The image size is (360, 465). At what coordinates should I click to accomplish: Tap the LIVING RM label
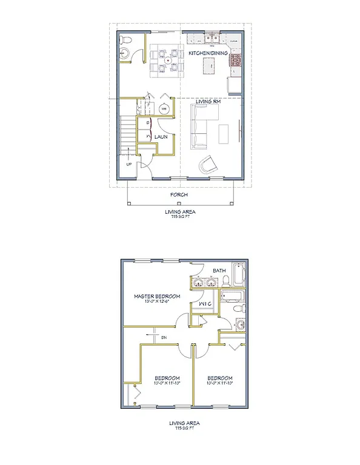point(207,102)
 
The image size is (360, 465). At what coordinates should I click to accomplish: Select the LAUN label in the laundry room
point(161,137)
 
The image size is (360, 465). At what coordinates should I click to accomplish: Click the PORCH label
point(179,195)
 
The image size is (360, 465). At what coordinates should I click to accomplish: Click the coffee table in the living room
point(224,133)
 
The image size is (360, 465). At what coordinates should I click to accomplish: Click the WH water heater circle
point(164,109)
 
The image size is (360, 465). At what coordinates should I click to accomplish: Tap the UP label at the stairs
point(128,164)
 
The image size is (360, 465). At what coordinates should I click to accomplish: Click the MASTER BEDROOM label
point(157,296)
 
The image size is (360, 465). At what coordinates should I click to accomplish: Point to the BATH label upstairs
point(219,271)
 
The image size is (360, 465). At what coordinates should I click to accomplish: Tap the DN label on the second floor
point(164,337)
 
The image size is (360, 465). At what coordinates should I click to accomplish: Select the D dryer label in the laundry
point(147,124)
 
